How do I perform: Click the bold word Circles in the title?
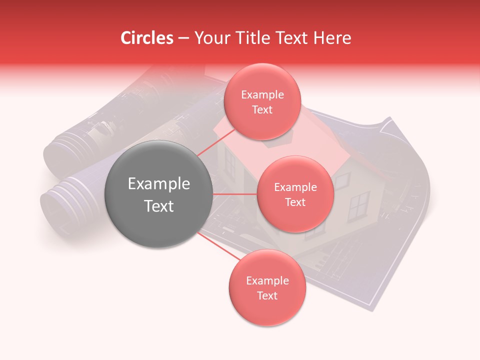[146, 38]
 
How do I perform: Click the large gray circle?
[158, 194]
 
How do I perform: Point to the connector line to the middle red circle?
[235, 194]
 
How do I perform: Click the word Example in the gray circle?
[158, 184]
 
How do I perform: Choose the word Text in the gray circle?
[158, 206]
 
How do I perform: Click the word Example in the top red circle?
[262, 95]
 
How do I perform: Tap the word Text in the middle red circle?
[295, 202]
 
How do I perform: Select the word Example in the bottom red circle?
[267, 281]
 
